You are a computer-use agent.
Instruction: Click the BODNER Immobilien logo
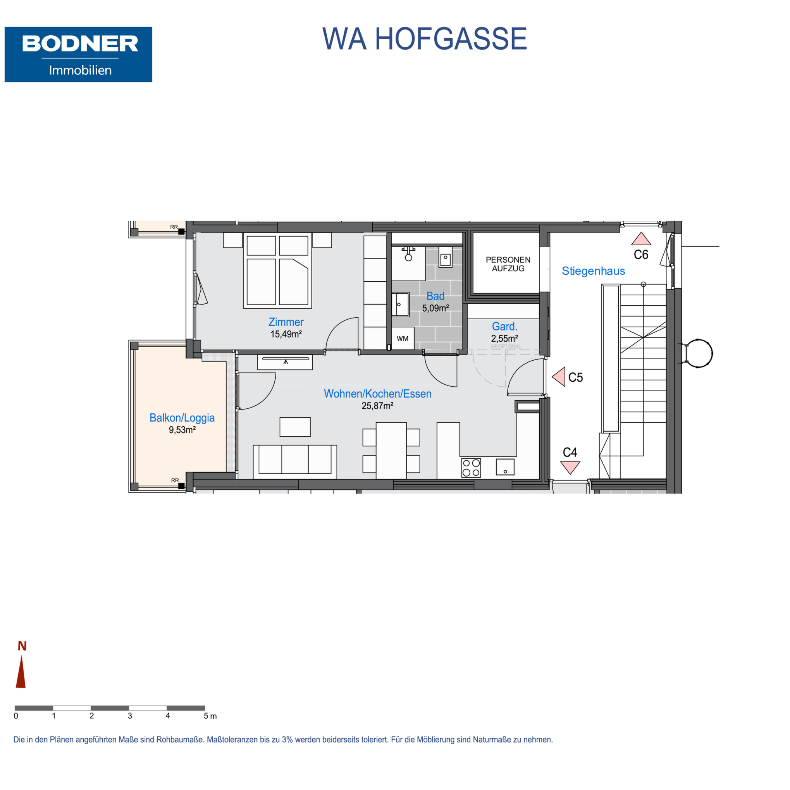point(78,54)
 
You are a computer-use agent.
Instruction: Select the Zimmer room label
point(286,322)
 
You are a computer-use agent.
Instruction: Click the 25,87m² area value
point(377,406)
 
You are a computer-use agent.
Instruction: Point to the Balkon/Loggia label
point(182,418)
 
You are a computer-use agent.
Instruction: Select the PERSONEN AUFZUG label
point(508,264)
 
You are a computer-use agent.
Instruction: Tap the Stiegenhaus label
point(593,271)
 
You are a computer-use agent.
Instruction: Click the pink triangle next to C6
point(641,239)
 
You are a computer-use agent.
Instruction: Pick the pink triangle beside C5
point(559,377)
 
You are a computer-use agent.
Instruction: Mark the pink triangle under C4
point(570,467)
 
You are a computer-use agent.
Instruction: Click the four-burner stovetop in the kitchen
point(471,468)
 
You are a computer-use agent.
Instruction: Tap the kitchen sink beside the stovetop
point(505,466)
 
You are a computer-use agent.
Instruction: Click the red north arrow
point(21,671)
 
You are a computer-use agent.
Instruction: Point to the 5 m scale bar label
point(210,716)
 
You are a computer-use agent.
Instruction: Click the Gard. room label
point(504,326)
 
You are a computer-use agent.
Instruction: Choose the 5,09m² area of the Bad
point(435,308)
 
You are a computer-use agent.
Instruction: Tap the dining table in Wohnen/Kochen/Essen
point(391,450)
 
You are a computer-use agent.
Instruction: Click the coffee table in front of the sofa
point(295,427)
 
